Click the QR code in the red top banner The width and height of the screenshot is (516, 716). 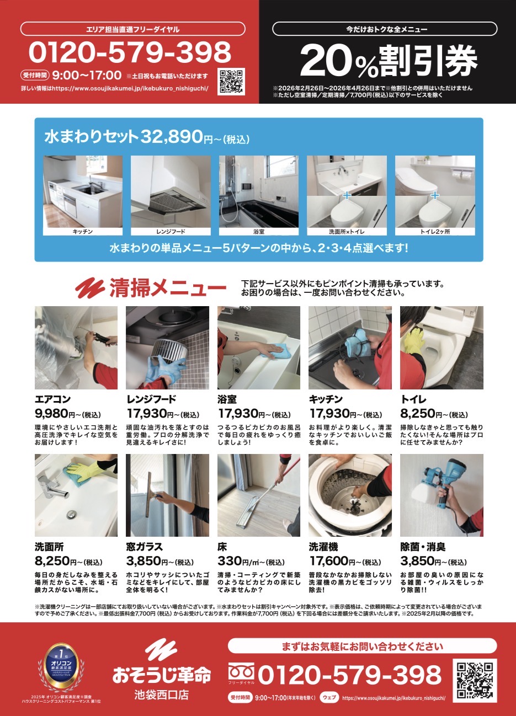point(231,81)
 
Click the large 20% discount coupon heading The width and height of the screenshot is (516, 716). point(389,61)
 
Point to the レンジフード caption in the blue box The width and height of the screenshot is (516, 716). point(171,232)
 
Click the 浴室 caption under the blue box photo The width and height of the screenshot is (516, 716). point(259,232)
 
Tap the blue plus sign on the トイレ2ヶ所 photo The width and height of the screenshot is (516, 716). point(435,195)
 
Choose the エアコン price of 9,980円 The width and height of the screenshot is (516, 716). point(68,414)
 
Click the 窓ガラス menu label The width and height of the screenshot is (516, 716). point(144,547)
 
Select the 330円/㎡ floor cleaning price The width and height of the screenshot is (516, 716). point(251,561)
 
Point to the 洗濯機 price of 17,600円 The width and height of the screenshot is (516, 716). point(345,561)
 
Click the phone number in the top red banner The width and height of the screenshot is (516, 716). point(130,52)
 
